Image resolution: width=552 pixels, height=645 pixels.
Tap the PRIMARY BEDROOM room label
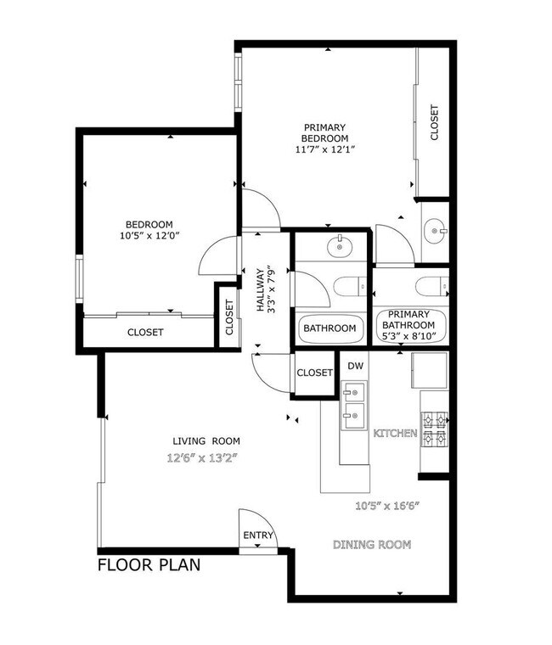[x=325, y=133]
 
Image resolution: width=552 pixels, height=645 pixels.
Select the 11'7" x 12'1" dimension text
[x=325, y=149]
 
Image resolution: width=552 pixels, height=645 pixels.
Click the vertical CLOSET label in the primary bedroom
[x=434, y=122]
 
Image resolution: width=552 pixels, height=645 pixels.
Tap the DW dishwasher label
[x=355, y=366]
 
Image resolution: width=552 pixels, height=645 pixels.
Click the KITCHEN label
[x=395, y=433]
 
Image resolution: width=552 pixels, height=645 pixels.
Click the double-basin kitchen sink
[x=354, y=404]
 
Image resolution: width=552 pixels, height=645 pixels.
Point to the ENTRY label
[x=258, y=536]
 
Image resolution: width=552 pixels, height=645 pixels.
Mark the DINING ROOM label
[x=371, y=544]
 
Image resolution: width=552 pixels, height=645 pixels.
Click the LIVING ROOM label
[x=206, y=441]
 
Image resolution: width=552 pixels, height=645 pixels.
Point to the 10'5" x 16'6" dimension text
[x=388, y=507]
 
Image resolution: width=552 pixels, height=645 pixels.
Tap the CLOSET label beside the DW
[x=314, y=372]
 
